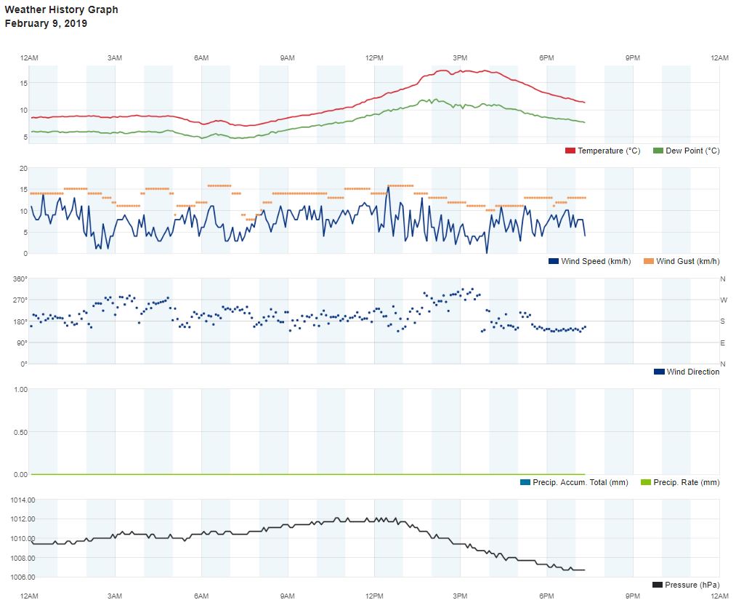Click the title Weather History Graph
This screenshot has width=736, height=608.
point(61,10)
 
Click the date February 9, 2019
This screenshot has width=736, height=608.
point(46,23)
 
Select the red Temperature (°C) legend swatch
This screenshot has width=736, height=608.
point(570,151)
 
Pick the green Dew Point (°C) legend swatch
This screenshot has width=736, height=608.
point(658,151)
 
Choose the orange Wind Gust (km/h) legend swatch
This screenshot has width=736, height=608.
point(649,261)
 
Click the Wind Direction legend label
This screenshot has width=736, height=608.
point(692,372)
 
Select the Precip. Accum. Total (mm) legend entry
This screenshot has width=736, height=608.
point(573,482)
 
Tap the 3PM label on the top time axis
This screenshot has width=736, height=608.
point(460,57)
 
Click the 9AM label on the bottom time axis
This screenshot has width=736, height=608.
point(288,596)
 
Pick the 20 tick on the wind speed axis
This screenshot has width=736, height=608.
point(23,168)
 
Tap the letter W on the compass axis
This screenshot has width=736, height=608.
point(723,300)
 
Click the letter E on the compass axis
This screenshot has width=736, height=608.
point(723,343)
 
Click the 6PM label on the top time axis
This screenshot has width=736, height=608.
point(546,57)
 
